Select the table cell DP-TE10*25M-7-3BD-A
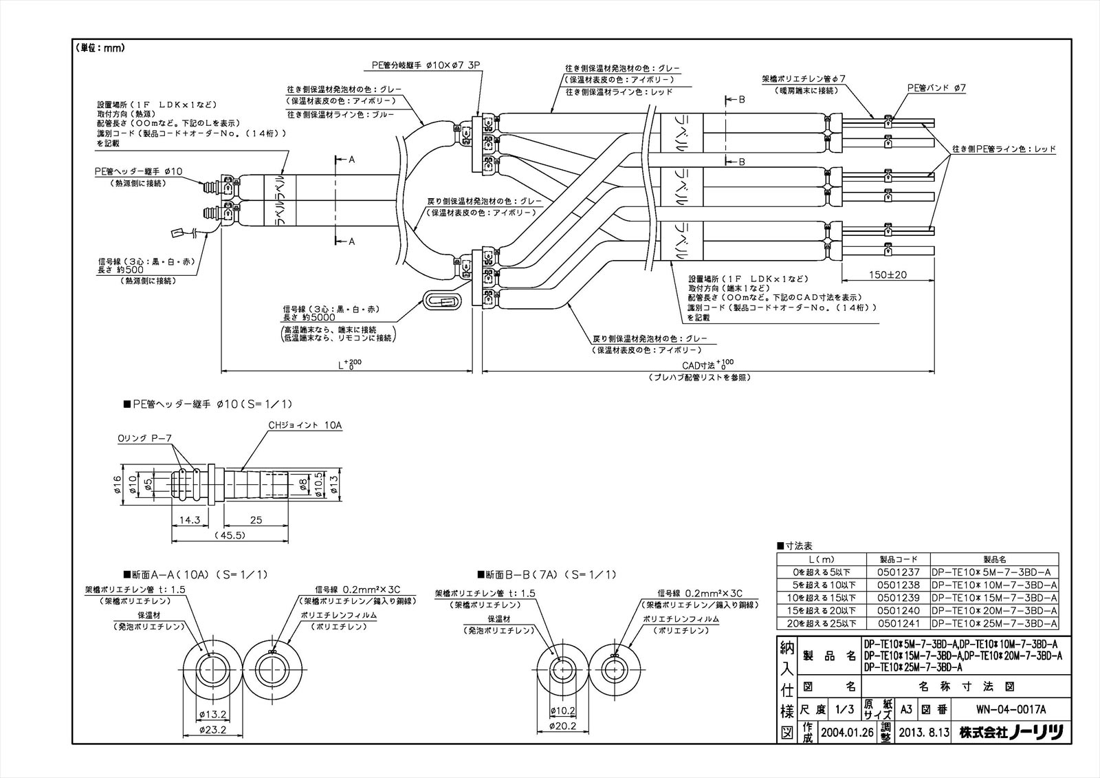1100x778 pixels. tap(994, 624)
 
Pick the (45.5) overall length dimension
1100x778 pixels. tap(229, 535)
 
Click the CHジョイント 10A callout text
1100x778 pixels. tap(305, 426)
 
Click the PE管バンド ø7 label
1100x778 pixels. tap(936, 88)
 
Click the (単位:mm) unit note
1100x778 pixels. tap(102, 48)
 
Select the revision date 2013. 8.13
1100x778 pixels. tap(923, 733)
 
